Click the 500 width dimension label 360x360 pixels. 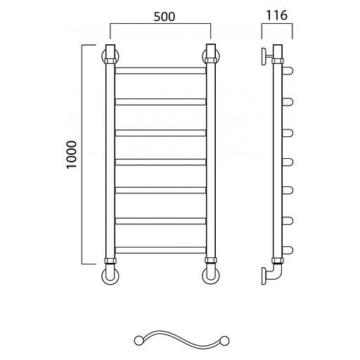[x=165, y=17]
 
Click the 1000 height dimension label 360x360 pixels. [x=72, y=155]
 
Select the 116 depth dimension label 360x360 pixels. [x=276, y=15]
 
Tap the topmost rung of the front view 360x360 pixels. [x=160, y=71]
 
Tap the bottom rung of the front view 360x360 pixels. [x=160, y=250]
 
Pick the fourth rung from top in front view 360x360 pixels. [x=160, y=162]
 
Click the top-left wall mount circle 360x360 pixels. [x=110, y=56]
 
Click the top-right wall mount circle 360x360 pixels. [x=211, y=56]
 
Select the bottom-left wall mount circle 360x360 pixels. [x=110, y=276]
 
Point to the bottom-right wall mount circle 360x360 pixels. [x=211, y=276]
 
